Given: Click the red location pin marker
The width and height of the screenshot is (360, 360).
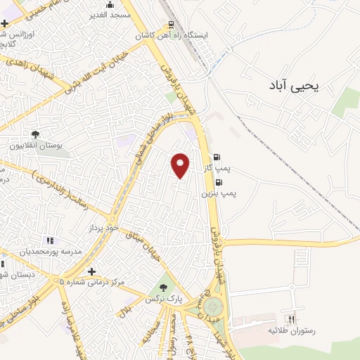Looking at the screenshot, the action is pos(181,165).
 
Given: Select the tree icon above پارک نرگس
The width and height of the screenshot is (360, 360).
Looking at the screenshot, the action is pos(163,288).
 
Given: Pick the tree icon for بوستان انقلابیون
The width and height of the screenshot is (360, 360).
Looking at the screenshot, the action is pos(35,134).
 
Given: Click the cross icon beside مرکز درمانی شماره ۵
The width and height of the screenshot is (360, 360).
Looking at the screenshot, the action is pos(91,271).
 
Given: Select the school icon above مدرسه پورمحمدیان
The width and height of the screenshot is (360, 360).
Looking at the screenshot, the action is pos(49,240).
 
